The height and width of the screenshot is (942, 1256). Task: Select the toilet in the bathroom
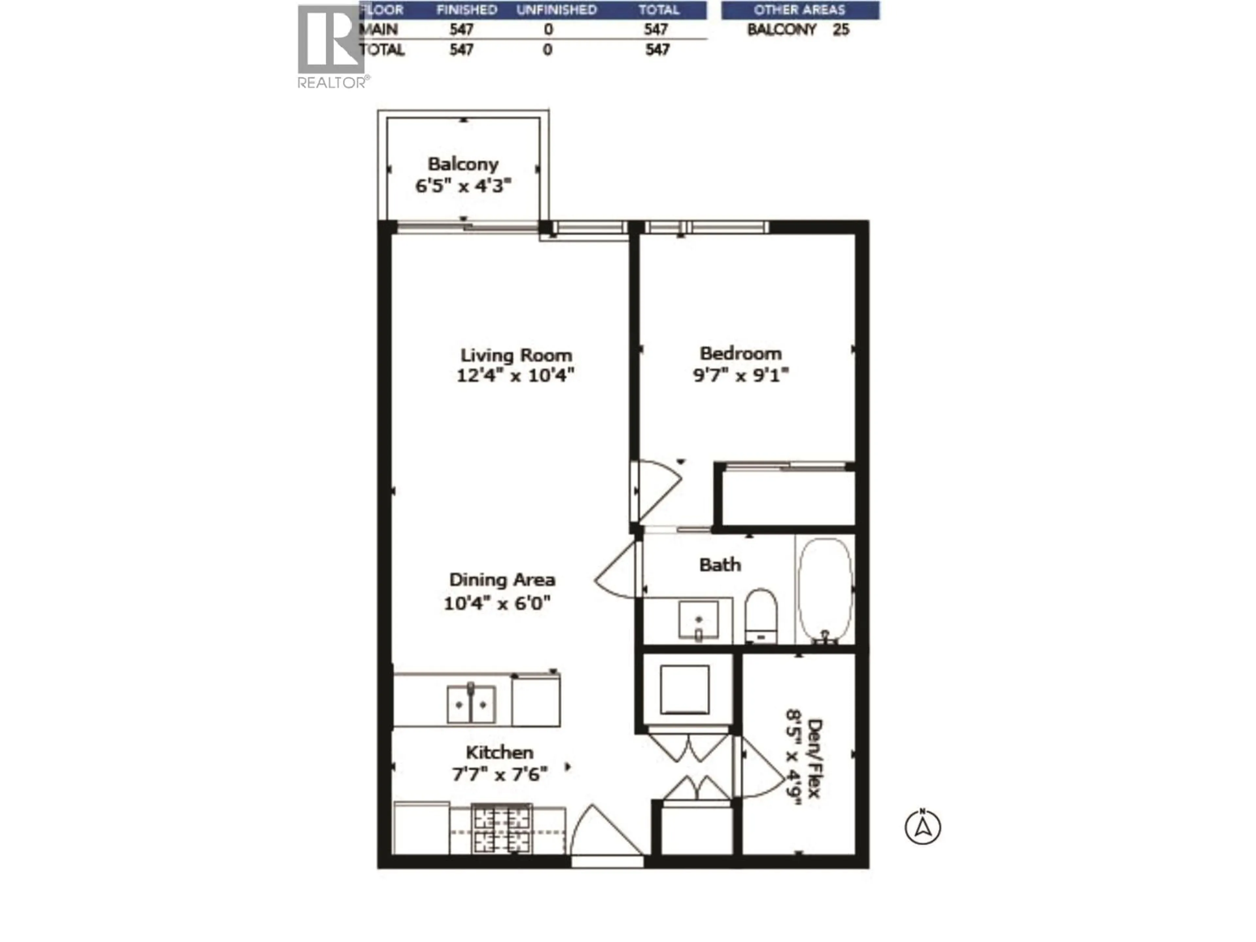tap(760, 615)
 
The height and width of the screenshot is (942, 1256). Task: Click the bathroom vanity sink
tap(698, 620)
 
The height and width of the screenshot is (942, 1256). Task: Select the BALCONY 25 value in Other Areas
tap(798, 29)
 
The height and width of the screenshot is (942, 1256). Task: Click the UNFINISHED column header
tap(556, 10)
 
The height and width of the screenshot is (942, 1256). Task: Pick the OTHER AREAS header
tap(799, 10)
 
